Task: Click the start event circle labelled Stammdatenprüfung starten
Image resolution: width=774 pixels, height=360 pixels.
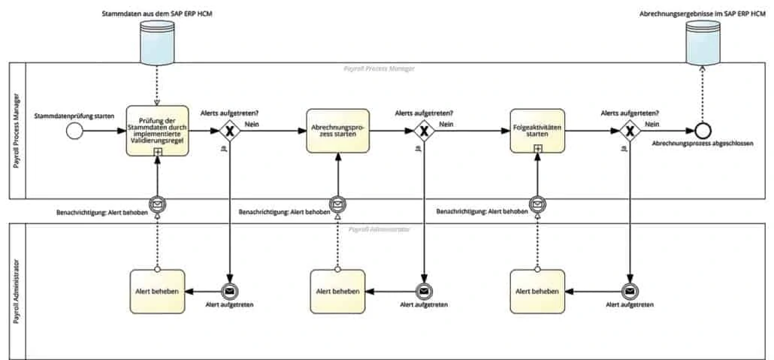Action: [74, 131]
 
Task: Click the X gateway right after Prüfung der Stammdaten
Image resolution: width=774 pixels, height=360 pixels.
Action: [228, 131]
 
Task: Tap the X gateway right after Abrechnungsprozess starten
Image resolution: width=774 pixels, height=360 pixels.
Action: [425, 131]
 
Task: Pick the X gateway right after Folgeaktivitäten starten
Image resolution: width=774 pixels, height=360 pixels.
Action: [630, 131]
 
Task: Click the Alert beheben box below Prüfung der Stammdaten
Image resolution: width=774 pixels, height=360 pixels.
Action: [157, 291]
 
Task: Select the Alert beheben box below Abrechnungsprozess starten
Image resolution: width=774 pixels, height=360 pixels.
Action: [337, 291]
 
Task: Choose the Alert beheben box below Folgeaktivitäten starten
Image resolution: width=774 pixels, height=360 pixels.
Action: [537, 291]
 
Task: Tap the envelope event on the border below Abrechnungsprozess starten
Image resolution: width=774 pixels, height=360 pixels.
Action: [338, 204]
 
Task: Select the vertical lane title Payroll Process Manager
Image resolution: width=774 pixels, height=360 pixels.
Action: [17, 131]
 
